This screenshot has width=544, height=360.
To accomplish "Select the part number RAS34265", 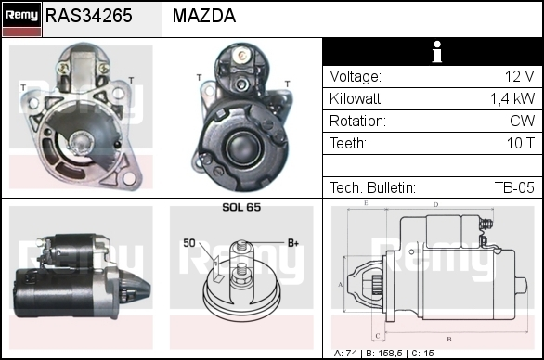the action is pos(89,16).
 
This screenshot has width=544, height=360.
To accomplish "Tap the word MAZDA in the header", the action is pos(204,16).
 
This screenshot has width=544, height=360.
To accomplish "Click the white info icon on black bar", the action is pos(437,52).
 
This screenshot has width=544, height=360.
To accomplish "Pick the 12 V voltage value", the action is pos(519,76).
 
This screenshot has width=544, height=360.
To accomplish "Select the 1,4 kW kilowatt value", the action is pos(512,99).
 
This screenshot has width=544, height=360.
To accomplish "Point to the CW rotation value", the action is pos(522,121).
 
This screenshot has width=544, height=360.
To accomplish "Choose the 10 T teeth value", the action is pos(521,143).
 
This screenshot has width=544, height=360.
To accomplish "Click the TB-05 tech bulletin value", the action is pos(514,187).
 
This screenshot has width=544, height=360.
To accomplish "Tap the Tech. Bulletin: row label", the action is pos(372,187).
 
